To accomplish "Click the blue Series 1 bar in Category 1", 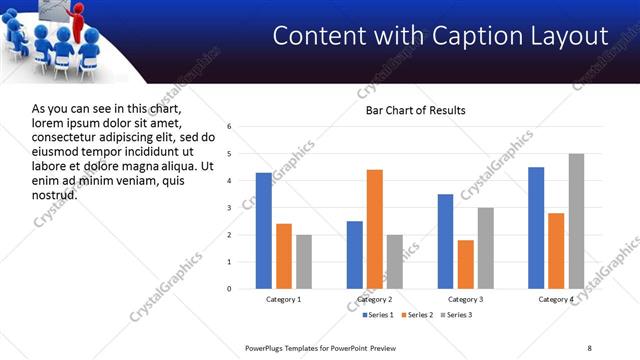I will point(263,231).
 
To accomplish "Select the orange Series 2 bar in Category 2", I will point(375,229).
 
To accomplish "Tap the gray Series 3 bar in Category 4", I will point(576,221).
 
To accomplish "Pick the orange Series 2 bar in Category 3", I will point(466,264).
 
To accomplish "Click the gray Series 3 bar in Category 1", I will point(304,262).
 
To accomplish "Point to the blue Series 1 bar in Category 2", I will point(355,255).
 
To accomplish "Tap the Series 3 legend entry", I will point(458,316).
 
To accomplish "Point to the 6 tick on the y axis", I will point(230,127).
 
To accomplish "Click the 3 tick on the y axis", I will point(230,208).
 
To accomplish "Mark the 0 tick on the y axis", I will point(230,289).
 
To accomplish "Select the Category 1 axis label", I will point(283,300).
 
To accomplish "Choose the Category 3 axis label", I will point(466,300).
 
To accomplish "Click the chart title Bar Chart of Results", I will point(415,110).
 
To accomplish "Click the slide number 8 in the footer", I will point(589,347).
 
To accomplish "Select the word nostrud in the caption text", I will point(54,194).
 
